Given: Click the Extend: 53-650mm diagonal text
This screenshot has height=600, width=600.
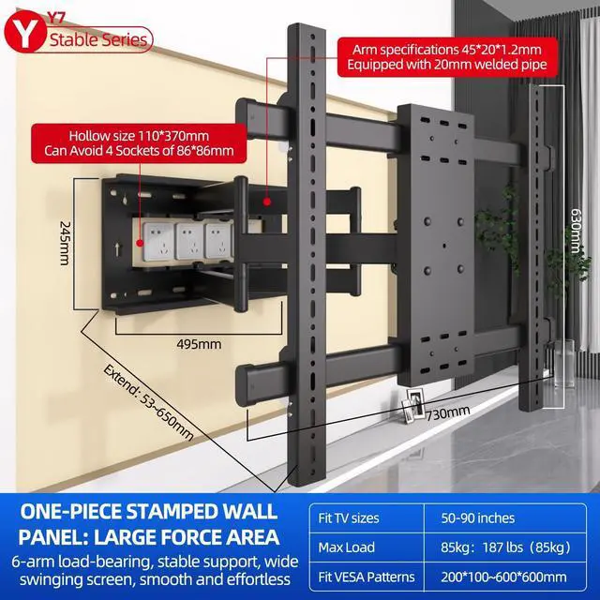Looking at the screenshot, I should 150,398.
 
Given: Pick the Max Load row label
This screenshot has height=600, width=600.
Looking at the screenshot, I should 347,547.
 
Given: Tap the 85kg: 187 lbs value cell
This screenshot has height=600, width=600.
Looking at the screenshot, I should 496,547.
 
